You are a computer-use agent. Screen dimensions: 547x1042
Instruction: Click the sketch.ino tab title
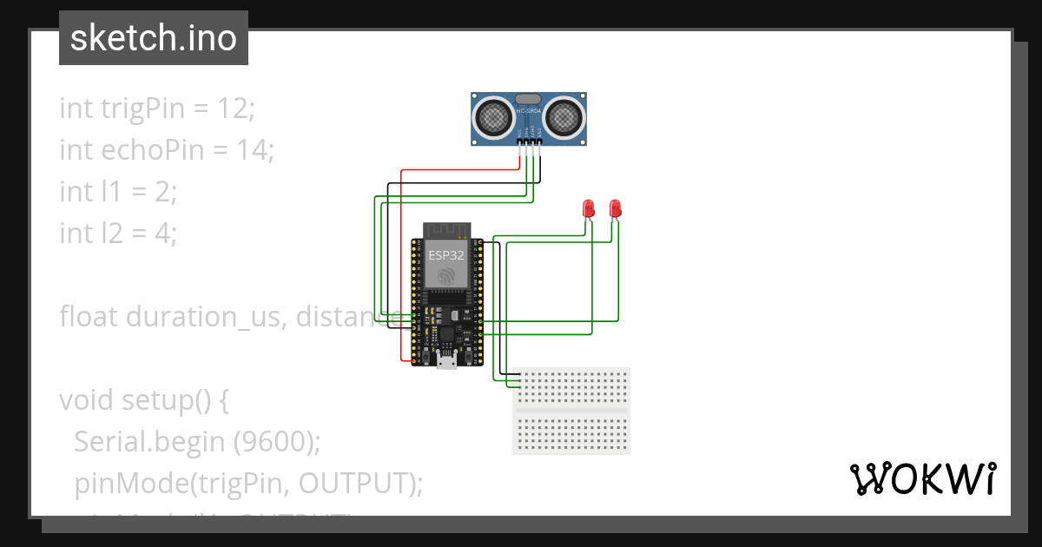pos(154,38)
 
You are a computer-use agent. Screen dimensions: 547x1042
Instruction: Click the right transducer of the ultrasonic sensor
pos(564,115)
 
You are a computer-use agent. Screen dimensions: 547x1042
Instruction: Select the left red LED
pos(588,208)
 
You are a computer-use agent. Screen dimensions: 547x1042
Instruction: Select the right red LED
pos(615,208)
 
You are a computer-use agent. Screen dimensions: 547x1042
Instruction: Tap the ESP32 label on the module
pos(446,255)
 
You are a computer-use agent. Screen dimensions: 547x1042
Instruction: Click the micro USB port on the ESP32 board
pos(446,360)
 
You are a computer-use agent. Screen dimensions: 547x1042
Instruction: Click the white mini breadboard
pos(571,411)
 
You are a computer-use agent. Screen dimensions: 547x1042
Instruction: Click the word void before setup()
pos(87,400)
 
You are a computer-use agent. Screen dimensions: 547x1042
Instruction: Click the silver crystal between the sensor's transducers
pos(528,100)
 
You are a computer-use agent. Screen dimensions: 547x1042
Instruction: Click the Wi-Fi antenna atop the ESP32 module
pos(446,230)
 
